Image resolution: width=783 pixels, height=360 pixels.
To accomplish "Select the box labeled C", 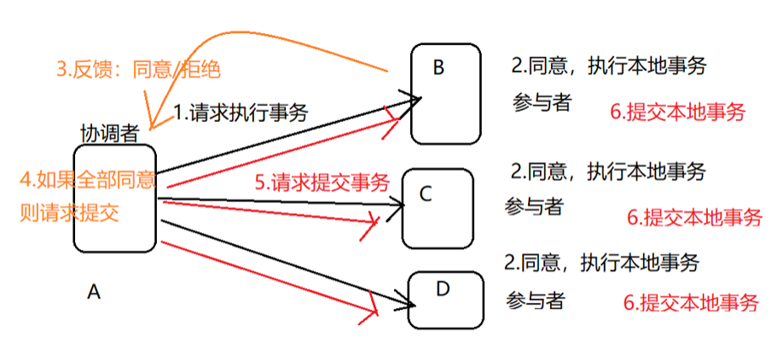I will (x=438, y=206).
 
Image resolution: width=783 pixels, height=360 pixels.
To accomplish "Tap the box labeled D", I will (x=445, y=299).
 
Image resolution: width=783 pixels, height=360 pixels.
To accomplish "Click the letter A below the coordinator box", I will (x=94, y=293).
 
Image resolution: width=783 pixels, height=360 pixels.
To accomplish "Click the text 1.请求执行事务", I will (x=241, y=112).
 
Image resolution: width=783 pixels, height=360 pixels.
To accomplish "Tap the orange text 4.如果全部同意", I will (x=88, y=180).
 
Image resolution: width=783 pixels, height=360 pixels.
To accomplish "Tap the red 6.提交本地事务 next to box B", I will (x=678, y=112).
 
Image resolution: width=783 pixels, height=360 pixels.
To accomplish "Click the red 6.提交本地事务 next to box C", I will (x=694, y=218).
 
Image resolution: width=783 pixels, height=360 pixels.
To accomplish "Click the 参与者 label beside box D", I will (x=534, y=300).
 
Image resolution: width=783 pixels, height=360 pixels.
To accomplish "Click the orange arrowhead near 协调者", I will (x=152, y=124).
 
